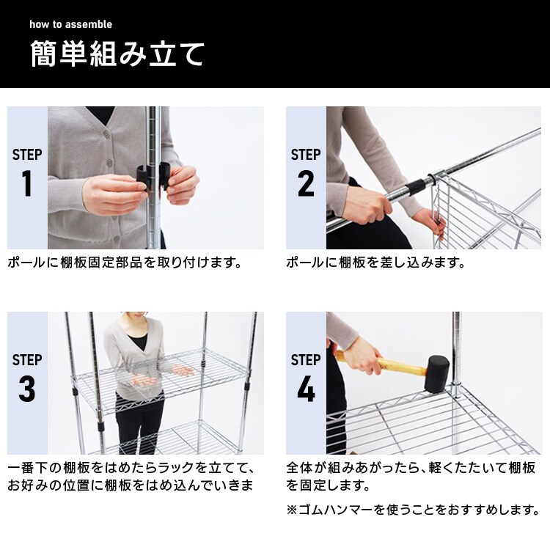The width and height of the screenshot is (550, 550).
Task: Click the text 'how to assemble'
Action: coord(70,24)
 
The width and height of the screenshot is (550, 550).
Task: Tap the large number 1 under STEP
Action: coord(27,184)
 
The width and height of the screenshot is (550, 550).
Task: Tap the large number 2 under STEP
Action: coord(306,184)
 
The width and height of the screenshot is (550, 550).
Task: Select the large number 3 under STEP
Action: coord(27,389)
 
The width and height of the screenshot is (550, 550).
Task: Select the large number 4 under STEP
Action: coord(306,389)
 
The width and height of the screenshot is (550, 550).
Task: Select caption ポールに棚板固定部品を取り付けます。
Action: coord(125,263)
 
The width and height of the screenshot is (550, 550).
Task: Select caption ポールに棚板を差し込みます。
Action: coord(375,263)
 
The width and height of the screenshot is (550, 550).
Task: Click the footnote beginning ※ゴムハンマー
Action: coord(413,509)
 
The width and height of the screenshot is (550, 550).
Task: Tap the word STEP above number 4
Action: coord(306,360)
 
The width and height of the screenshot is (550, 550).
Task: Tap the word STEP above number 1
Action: coord(27,155)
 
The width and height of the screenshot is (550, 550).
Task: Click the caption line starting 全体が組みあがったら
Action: coord(410,468)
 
